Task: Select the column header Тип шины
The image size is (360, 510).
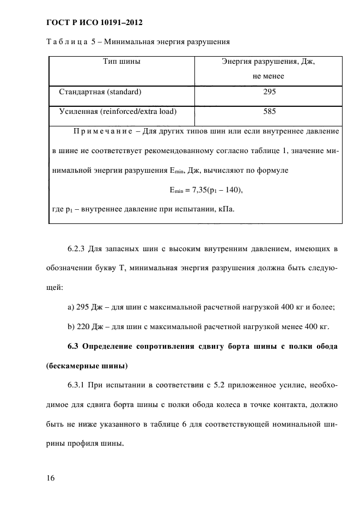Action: click(122, 62)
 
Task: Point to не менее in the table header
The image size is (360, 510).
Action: click(269, 76)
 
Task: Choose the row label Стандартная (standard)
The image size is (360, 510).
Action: click(100, 92)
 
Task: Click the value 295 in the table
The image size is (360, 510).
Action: click(269, 92)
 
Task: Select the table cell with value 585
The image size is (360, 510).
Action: click(269, 112)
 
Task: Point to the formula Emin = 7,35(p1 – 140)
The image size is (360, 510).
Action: click(202, 190)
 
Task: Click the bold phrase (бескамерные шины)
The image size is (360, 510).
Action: click(81, 366)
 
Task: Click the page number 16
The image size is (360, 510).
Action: click(51, 478)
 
